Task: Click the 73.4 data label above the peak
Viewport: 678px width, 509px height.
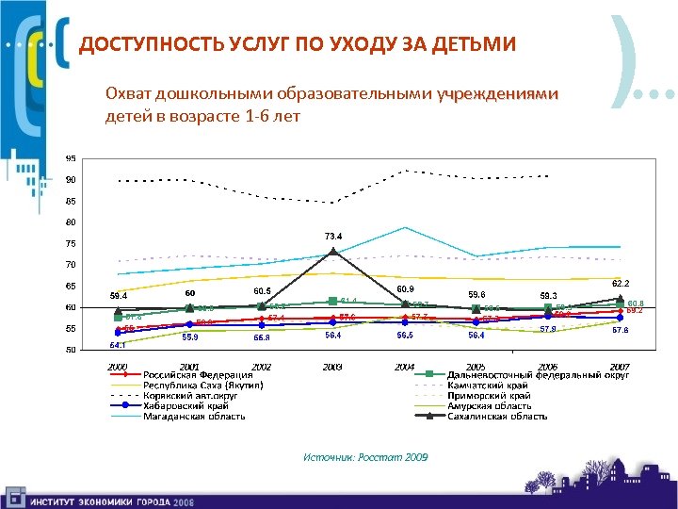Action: click(333, 235)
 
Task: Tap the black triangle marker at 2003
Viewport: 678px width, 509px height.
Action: click(333, 252)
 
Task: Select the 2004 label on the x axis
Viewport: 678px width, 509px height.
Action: click(405, 366)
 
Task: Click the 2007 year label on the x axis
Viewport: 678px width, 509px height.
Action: click(620, 366)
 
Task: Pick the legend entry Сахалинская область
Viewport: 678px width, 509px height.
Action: click(497, 416)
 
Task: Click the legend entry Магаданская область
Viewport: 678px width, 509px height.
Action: click(195, 416)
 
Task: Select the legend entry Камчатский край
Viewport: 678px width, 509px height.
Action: click(487, 385)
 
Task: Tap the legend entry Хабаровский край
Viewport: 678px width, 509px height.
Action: click(186, 405)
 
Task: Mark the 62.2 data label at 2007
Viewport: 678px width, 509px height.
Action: click(621, 283)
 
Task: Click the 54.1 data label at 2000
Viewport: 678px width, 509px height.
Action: click(118, 345)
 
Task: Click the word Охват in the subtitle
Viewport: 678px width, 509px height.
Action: click(128, 94)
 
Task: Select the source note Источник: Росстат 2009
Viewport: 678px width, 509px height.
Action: click(365, 456)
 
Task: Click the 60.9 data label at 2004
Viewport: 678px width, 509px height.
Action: click(405, 288)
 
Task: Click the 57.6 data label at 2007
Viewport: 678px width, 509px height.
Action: click(621, 330)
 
